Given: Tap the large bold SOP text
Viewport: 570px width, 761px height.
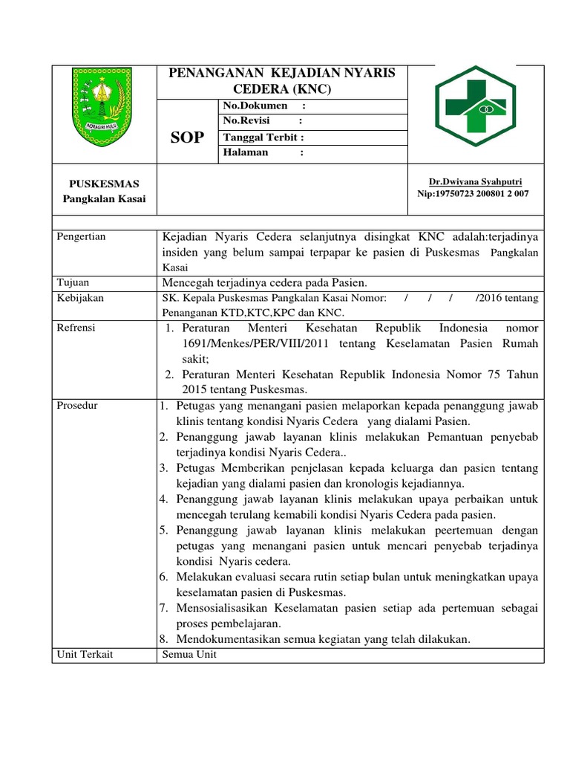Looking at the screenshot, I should [187, 137].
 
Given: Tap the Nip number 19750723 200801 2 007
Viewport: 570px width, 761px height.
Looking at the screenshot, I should [474, 193].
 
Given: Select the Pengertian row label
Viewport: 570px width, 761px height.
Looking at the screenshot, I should [82, 236].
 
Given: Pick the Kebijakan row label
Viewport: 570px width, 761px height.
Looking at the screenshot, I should [80, 298].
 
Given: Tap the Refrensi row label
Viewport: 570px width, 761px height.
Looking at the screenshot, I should [79, 328].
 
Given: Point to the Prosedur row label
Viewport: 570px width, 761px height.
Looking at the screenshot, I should [78, 406].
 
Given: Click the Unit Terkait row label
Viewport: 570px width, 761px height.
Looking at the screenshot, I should [84, 654].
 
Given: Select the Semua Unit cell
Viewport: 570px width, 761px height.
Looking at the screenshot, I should [189, 655].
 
